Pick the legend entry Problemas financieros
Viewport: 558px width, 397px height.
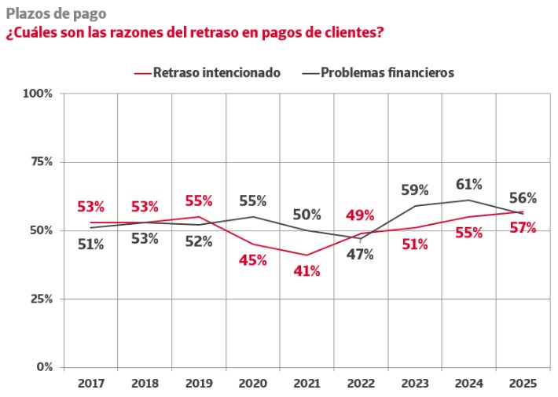388,72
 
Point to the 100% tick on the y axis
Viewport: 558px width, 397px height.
38,94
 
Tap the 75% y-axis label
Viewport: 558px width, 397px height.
40,162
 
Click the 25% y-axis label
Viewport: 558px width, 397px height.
40,299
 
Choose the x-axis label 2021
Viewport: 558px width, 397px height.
307,384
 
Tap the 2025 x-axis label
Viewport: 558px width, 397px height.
523,384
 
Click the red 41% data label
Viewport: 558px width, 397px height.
307,271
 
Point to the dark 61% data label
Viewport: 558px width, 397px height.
469,184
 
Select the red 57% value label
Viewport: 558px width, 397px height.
523,228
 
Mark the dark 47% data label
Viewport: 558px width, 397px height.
360,254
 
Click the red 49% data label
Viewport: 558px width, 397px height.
360,215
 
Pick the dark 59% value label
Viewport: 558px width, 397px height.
415,189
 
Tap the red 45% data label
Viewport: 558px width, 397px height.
252,260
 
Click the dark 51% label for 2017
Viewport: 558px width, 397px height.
90,244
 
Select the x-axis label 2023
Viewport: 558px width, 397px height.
415,384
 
